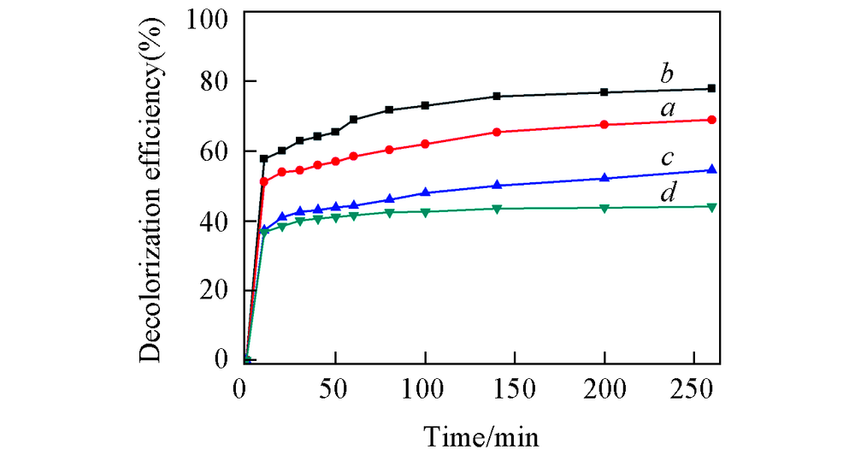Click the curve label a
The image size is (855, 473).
click(668, 109)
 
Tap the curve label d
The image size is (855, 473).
click(668, 193)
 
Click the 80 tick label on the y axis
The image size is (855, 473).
click(215, 82)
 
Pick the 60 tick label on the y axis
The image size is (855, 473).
click(215, 151)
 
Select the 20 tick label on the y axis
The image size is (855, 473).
click(215, 290)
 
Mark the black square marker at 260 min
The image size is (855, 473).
click(711, 88)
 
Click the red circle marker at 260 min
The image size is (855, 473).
click(711, 120)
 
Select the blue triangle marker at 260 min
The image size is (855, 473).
click(711, 169)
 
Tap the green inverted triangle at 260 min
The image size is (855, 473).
click(711, 207)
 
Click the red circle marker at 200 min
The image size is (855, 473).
click(604, 125)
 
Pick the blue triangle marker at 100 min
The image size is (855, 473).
click(425, 192)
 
